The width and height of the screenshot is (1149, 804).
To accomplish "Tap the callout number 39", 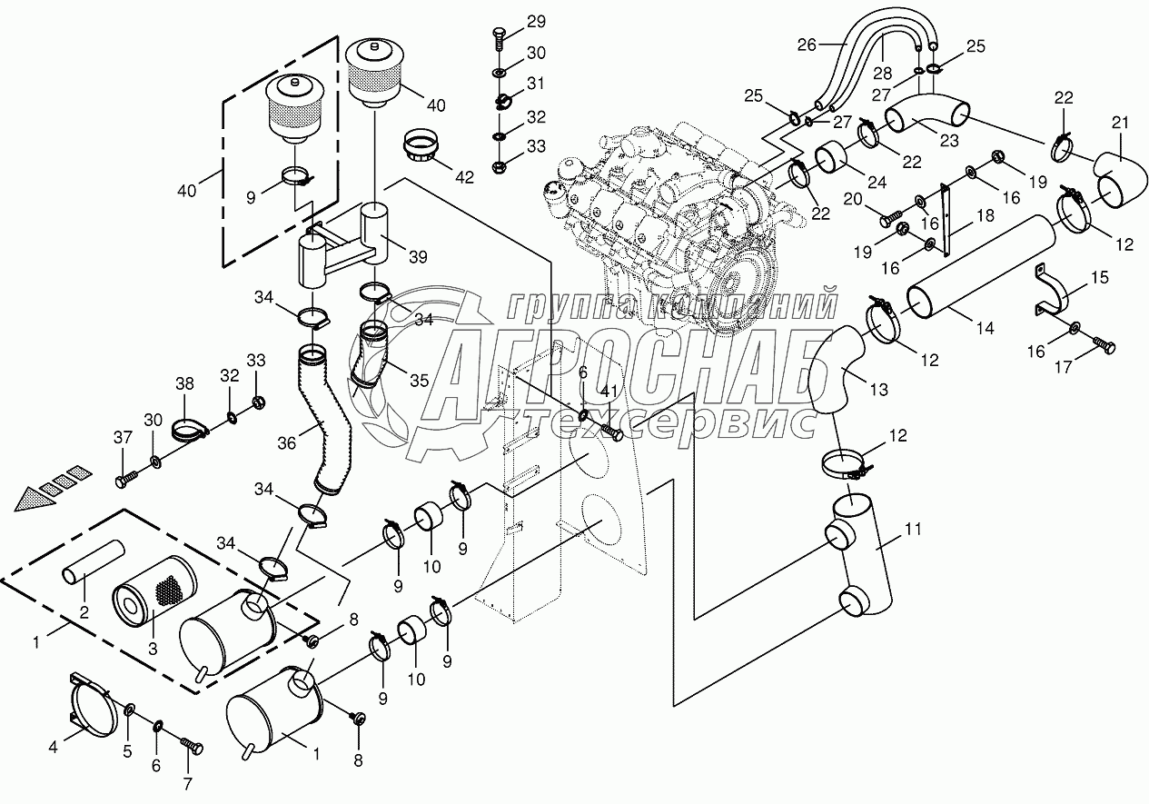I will pos(418,258).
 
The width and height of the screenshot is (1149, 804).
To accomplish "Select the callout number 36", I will pos(286,442).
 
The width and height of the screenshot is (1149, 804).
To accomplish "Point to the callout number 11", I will pos(912,526).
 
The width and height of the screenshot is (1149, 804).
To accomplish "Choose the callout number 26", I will pos(807,43).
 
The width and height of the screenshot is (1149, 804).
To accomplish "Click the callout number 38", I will pos(185,384).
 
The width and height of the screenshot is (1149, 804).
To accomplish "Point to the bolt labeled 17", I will pos(1104,346).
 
